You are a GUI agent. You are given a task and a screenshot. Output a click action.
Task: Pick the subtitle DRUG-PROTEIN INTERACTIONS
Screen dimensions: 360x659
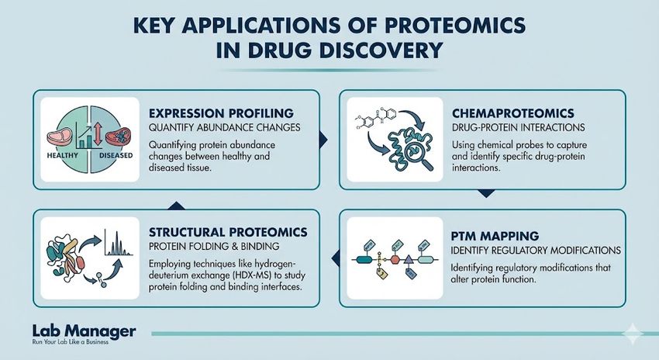(x=516, y=126)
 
